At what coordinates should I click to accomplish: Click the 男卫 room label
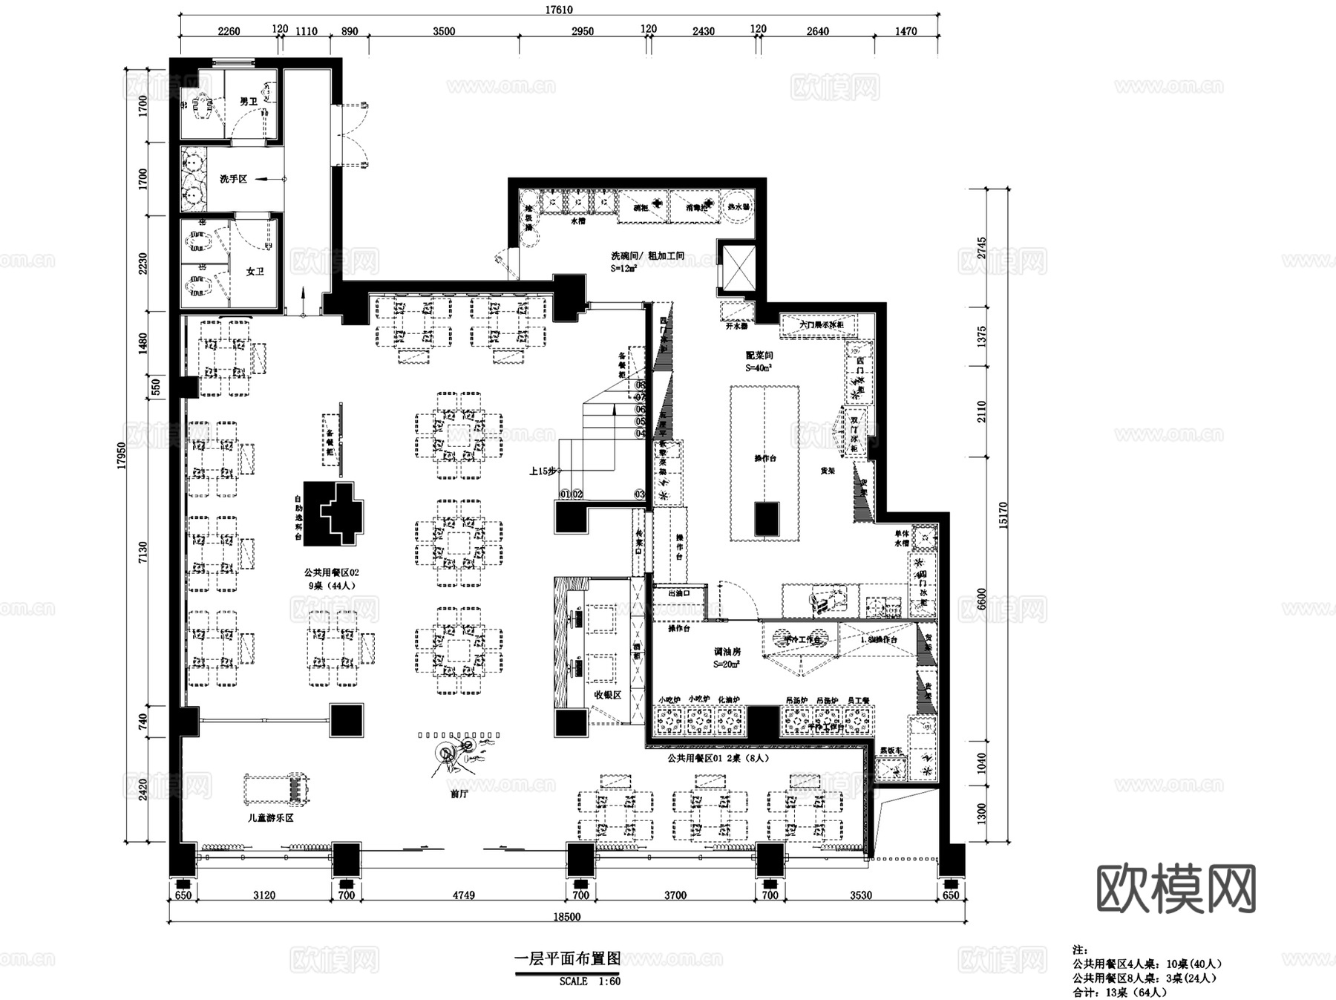[x=248, y=102]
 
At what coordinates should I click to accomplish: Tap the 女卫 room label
[x=255, y=272]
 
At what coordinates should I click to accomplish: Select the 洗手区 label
[x=232, y=179]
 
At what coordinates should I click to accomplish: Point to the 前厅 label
[x=459, y=794]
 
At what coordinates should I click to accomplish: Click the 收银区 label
[x=607, y=695]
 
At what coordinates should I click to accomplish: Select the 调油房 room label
[x=727, y=652]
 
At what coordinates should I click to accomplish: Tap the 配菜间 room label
[x=759, y=356]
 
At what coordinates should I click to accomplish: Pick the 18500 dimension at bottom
[x=566, y=917]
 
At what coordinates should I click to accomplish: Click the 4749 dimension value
[x=463, y=895]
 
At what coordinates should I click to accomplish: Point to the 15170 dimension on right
[x=1003, y=515]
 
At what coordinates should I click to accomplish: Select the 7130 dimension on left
[x=143, y=552]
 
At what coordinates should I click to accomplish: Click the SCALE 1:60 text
[x=589, y=981]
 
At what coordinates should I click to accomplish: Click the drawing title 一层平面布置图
[x=567, y=958]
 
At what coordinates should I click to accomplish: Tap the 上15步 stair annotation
[x=543, y=471]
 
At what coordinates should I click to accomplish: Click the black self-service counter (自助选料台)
[x=334, y=512]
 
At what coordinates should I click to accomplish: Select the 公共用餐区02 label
[x=331, y=572]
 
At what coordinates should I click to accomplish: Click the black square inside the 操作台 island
[x=767, y=518]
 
